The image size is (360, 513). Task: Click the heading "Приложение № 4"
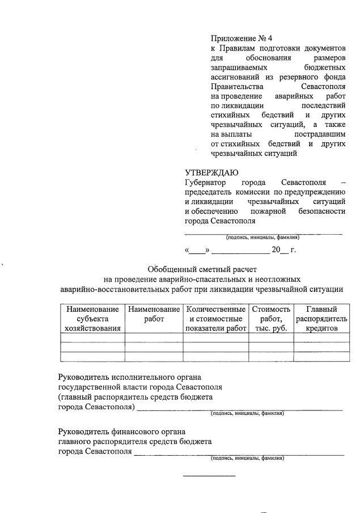pos(237,39)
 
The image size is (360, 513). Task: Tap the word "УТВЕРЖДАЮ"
pos(211,173)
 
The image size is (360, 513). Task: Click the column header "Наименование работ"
pos(153,314)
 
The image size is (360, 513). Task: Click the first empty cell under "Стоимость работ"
pos(272,337)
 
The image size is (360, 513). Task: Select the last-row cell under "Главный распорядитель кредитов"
pos(321,356)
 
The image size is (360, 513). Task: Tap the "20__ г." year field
pos(283,249)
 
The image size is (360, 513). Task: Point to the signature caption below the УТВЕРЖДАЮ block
pos(262,238)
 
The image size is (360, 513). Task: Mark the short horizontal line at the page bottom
pos(209,475)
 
